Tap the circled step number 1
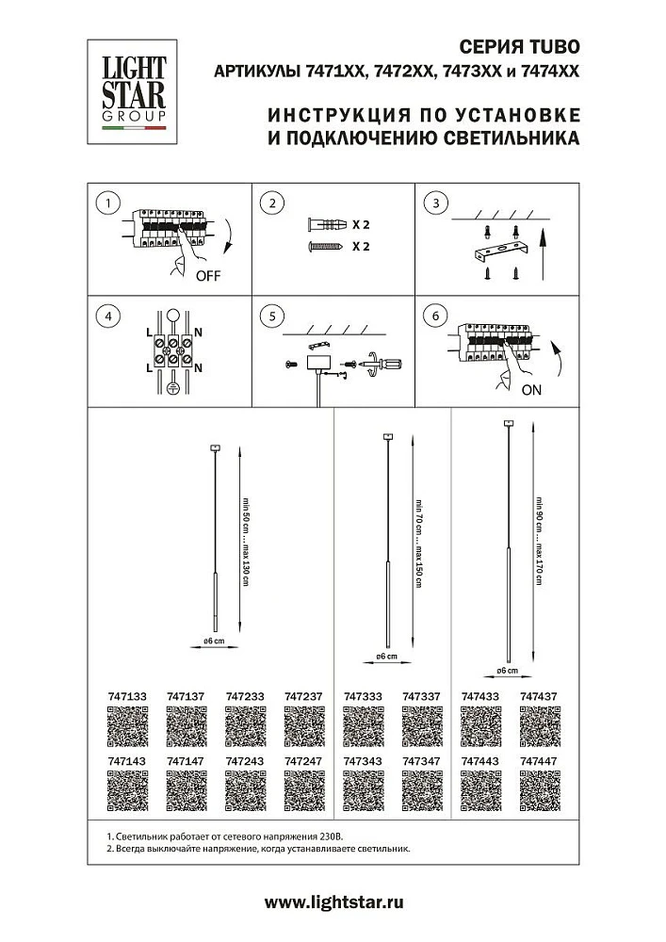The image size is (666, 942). click(110, 204)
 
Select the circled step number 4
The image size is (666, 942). click(110, 317)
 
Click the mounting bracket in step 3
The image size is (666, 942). click(499, 252)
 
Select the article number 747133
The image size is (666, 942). click(122, 696)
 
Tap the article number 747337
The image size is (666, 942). click(420, 696)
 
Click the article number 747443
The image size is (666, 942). click(479, 758)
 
